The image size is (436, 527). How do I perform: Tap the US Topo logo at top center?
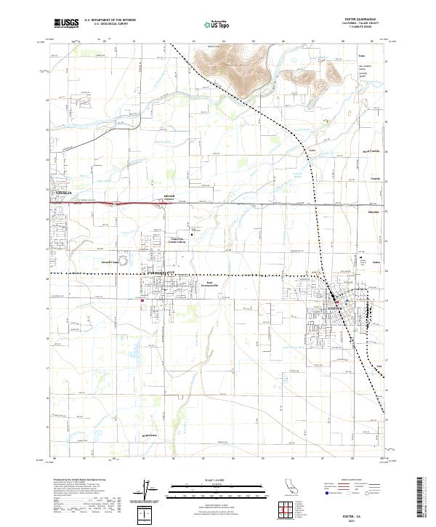209,24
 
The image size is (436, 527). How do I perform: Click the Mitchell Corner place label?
168,198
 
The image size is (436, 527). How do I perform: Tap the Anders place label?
376,258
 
